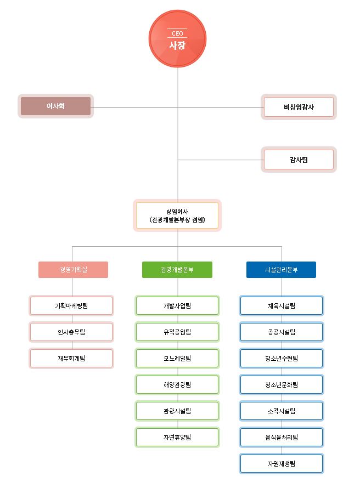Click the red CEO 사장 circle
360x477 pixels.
[177, 38]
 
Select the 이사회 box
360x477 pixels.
[55, 106]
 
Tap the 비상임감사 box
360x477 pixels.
[299, 107]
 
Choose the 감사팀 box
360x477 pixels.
[299, 160]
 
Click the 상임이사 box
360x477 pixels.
[177, 215]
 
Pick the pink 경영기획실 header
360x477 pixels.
[73, 270]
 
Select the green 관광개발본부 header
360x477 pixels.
[177, 270]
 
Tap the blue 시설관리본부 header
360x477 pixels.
[281, 270]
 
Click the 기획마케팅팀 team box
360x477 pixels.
[71, 305]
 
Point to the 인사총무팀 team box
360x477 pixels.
[71, 332]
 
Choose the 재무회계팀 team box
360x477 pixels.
[71, 358]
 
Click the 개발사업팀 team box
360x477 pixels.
[177, 305]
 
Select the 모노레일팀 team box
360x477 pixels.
[177, 358]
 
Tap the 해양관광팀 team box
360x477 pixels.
[177, 384]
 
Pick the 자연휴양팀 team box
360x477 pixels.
[177, 437]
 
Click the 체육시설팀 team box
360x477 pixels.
[282, 305]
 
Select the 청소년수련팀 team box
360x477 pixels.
[282, 358]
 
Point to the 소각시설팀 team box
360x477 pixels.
[282, 411]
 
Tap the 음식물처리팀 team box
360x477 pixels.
[282, 437]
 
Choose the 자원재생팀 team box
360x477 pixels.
[282, 463]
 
